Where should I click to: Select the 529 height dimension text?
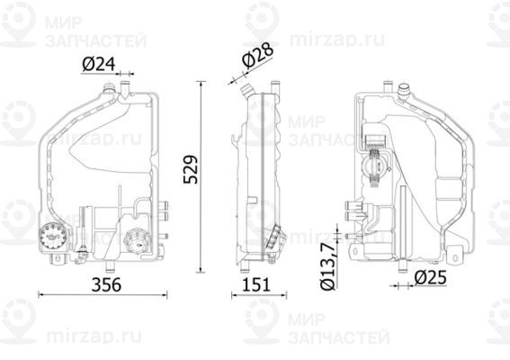(x=190, y=166)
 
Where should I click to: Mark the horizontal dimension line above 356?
(x=104, y=294)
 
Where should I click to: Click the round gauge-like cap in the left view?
(x=52, y=236)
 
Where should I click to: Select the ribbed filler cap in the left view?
(x=137, y=242)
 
